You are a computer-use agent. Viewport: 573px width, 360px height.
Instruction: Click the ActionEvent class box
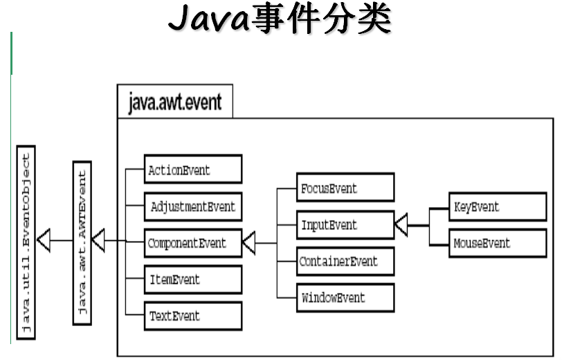(x=193, y=170)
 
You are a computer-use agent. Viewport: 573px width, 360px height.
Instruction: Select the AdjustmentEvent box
(x=193, y=206)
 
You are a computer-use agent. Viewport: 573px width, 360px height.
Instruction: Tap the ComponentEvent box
(x=193, y=243)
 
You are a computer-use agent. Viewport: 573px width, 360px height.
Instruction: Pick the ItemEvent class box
(x=193, y=280)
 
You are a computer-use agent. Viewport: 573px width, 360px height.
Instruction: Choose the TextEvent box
(x=193, y=316)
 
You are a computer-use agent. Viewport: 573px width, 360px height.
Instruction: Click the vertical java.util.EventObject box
(x=26, y=242)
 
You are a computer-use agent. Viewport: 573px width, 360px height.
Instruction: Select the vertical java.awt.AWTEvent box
(x=82, y=242)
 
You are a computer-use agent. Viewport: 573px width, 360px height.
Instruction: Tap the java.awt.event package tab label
(x=175, y=102)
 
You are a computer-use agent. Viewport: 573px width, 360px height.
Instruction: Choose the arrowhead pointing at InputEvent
(x=401, y=225)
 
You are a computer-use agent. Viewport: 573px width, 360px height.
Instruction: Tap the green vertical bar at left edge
(x=11, y=53)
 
